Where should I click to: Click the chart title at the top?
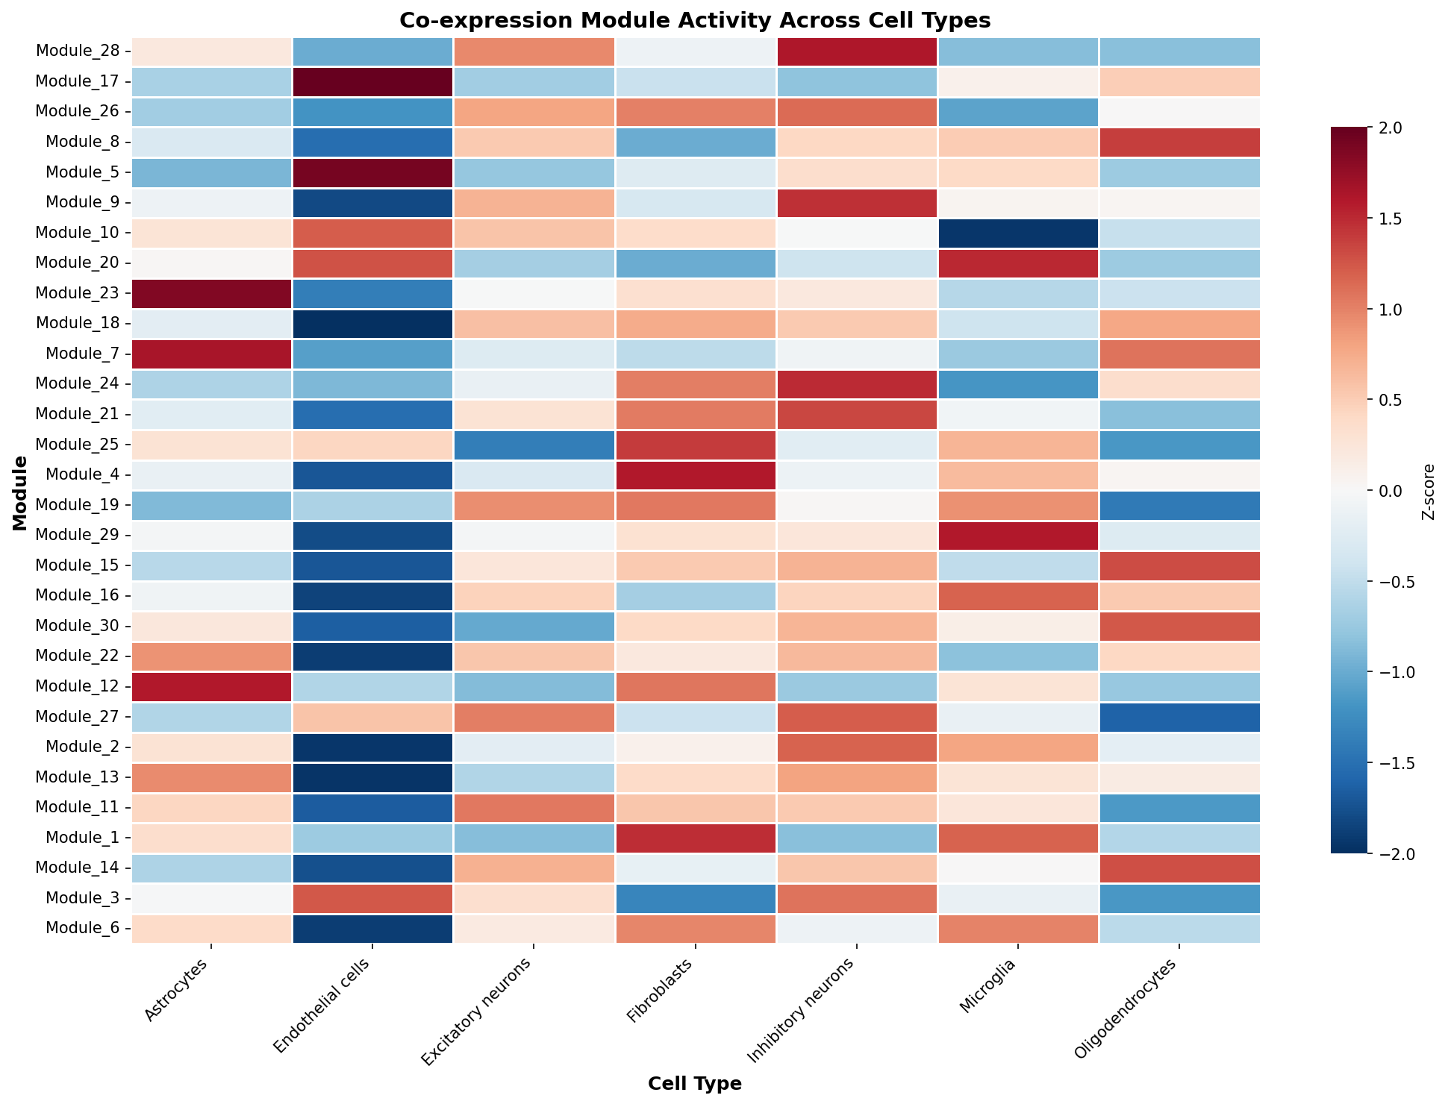coord(695,20)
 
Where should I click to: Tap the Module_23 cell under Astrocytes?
coord(211,293)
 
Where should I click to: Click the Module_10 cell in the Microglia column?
coord(1018,233)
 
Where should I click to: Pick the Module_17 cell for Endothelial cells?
coord(372,81)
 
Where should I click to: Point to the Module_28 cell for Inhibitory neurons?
coord(857,51)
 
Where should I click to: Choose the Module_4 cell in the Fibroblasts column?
coord(695,474)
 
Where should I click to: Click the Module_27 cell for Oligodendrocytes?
coord(1179,717)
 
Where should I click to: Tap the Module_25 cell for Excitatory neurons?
coord(534,445)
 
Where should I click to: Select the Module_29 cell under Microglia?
coord(1018,535)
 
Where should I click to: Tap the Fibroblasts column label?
coord(664,991)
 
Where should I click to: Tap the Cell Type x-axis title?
coord(695,1085)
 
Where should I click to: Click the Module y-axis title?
coord(20,491)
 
